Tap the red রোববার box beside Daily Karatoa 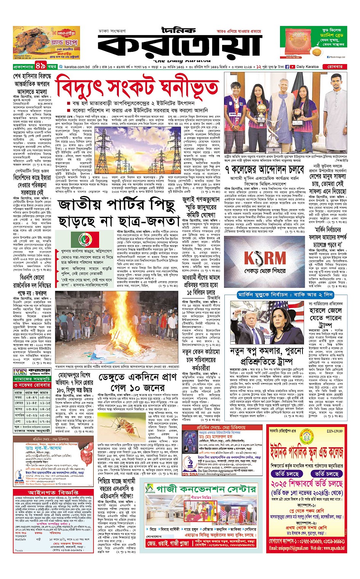(x=334, y=67)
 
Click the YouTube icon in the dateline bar (x=292, y=67)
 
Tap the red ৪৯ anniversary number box (x=41, y=66)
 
